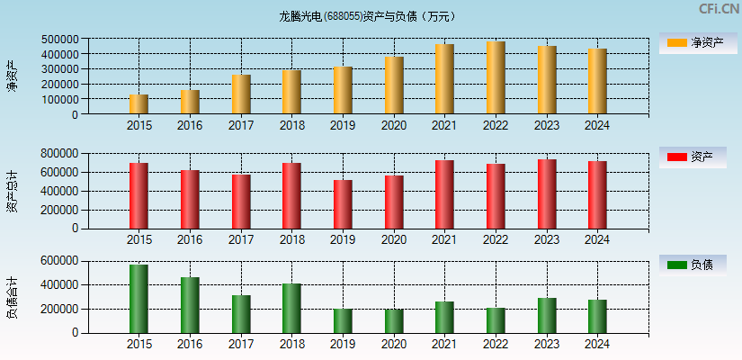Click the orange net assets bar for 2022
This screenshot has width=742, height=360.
coord(496,77)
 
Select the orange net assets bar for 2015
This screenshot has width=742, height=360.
coord(139,104)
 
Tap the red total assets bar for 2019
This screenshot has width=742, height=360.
coord(343,204)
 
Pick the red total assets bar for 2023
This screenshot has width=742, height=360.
coord(547,194)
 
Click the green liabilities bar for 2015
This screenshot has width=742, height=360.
coord(139,299)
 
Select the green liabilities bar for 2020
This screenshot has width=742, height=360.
coord(394,321)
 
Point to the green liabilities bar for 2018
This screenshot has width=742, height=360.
coord(291,309)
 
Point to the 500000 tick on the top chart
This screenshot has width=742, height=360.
coord(59,40)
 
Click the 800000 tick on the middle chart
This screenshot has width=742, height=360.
coord(59,153)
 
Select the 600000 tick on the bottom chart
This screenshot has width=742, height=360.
coord(59,261)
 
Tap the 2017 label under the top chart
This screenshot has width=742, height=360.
coord(241,125)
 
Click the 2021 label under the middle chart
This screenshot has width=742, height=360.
coord(444,239)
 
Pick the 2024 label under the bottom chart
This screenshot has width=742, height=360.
coord(597,344)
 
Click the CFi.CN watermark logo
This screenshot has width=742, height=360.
coord(719,9)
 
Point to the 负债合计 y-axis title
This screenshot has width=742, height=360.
coord(13,298)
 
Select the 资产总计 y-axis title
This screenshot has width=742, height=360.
coord(13,191)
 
